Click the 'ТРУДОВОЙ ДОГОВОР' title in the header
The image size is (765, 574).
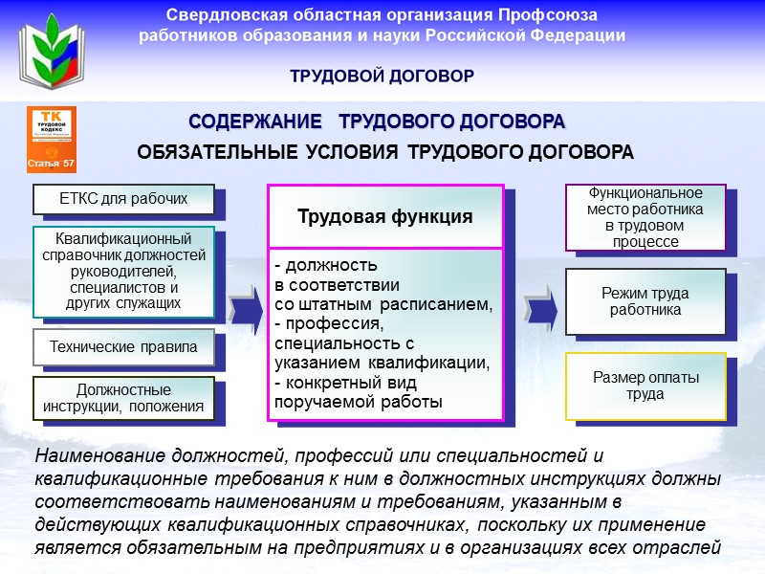[382, 76]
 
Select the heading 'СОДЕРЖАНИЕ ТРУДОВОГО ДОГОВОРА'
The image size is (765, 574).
[377, 122]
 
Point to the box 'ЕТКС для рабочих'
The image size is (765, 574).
[123, 199]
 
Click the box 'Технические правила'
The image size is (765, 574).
[123, 347]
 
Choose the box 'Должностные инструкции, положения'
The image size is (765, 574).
[123, 398]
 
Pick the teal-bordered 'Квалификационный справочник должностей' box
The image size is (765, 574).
[123, 271]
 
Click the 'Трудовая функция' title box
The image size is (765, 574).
[384, 216]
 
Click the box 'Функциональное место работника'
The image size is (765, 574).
[645, 218]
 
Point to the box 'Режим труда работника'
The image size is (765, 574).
[645, 302]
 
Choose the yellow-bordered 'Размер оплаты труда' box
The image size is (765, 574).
[645, 386]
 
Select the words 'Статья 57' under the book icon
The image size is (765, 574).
[52, 165]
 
